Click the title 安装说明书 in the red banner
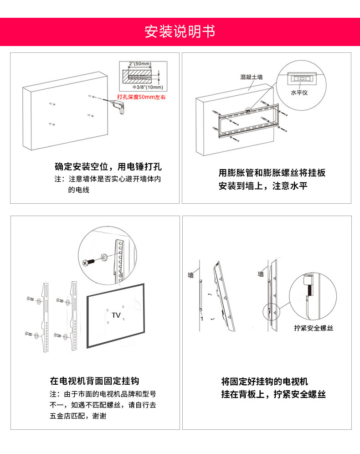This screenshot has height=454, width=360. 180,32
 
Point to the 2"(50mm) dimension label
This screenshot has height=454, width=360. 140,63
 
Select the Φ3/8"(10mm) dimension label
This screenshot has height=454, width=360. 148,87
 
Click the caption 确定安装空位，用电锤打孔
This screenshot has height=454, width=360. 108,166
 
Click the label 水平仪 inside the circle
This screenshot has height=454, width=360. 299,92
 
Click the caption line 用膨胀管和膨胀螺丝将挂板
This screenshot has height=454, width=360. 272,173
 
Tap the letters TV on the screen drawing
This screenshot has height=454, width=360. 116,315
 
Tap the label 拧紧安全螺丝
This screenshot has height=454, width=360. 314,328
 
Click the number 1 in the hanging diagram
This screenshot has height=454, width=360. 201,319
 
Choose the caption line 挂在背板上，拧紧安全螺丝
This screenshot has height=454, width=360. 273,394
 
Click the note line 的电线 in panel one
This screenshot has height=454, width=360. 79,190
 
